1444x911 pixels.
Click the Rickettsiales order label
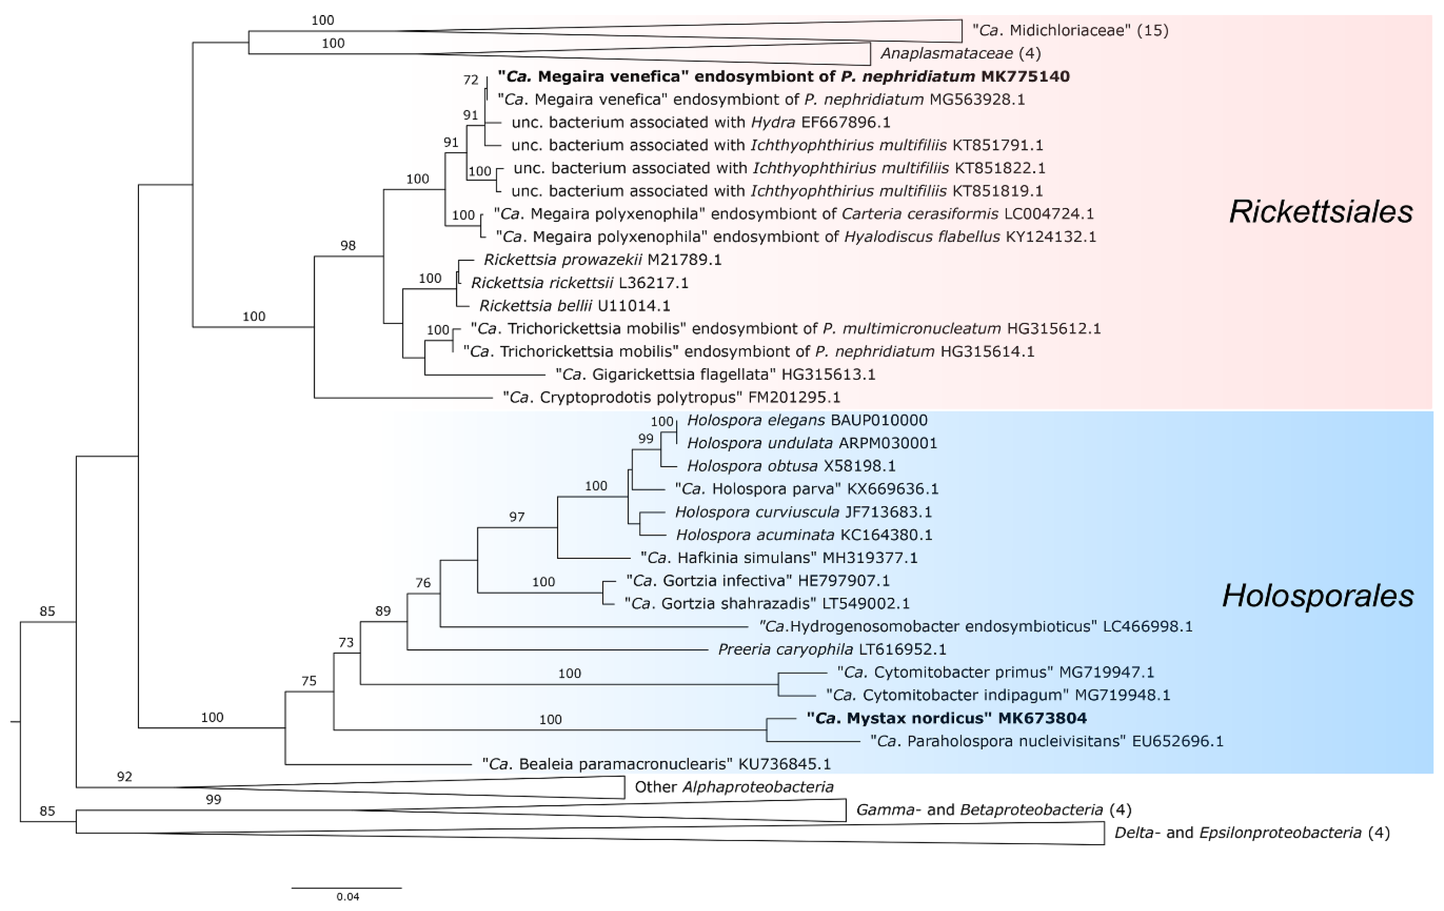coord(1320,211)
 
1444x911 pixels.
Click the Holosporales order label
coord(1317,596)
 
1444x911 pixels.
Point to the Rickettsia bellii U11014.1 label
coord(575,306)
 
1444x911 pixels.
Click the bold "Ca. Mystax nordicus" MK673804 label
coord(946,718)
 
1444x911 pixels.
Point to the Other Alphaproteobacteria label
coord(734,787)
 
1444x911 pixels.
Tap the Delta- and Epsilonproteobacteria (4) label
coord(1251,833)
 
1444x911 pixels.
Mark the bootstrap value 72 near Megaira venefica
coord(471,80)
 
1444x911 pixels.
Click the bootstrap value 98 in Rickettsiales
coord(348,245)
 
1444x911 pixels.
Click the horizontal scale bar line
coord(347,887)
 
